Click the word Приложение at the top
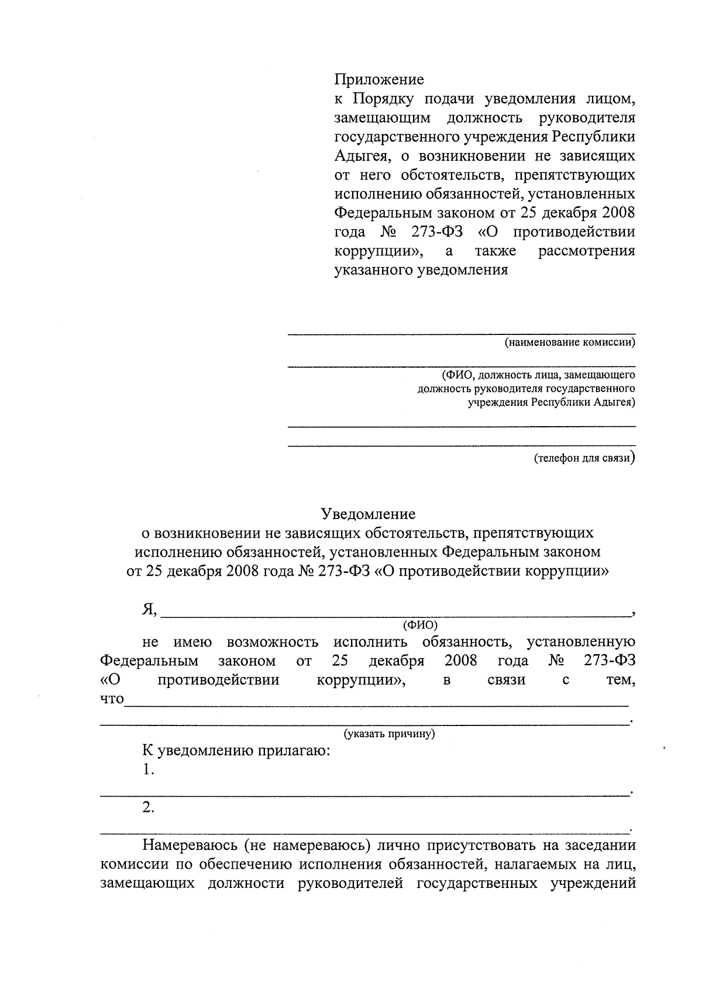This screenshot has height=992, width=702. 378,80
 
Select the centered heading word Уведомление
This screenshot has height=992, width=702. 369,514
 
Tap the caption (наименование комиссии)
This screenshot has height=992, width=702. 570,343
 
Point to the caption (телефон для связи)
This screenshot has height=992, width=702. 584,458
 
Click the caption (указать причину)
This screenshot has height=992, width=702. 389,733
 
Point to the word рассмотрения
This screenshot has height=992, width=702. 586,251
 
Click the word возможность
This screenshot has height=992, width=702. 273,642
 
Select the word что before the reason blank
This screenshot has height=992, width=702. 112,699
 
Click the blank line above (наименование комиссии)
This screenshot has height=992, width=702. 461,333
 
